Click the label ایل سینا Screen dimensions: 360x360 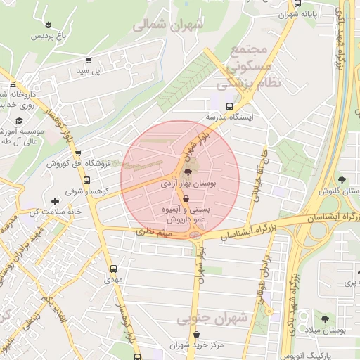pos(89,71)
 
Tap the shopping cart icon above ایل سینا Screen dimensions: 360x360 pos(89,61)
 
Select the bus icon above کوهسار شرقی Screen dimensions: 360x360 pos(77,153)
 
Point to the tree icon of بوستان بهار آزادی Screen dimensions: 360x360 pos(187,172)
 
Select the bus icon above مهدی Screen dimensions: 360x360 pos(114,269)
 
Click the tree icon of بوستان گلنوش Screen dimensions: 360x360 pos(342,181)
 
